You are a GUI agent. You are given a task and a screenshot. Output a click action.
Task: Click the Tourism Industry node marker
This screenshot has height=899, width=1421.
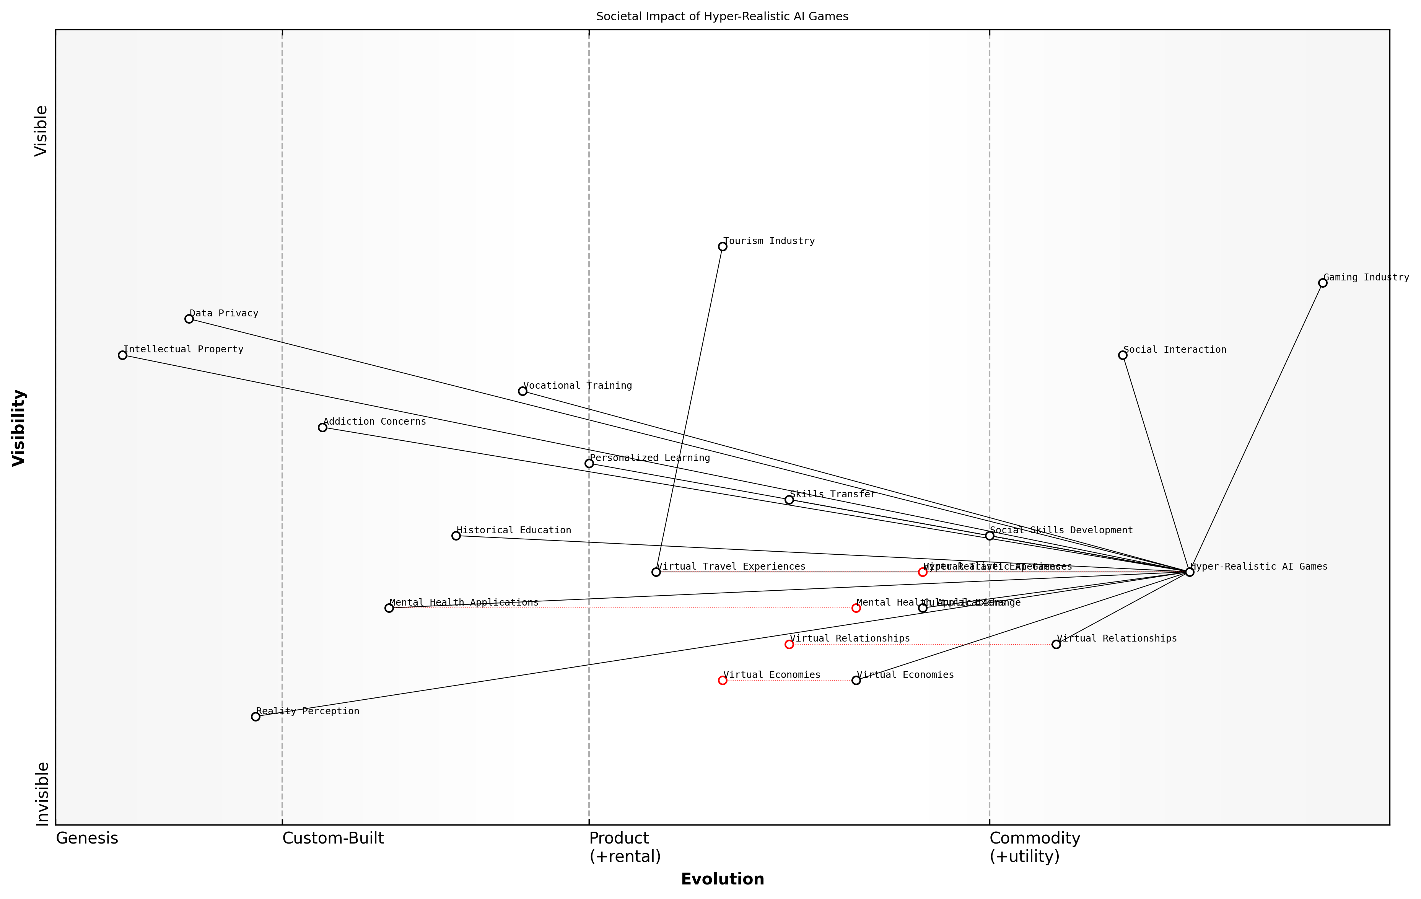pos(722,247)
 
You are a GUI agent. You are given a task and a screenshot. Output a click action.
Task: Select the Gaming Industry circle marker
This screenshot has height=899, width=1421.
pos(1322,283)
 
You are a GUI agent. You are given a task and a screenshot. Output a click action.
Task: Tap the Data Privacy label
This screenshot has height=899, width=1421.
pos(224,313)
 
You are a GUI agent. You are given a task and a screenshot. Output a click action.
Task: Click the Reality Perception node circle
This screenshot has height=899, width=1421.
pos(256,717)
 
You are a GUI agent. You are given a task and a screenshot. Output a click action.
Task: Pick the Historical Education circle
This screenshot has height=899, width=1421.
pos(456,536)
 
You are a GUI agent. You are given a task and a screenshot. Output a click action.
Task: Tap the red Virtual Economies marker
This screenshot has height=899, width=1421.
pos(722,681)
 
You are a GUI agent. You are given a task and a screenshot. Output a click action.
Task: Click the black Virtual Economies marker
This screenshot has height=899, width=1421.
pos(856,681)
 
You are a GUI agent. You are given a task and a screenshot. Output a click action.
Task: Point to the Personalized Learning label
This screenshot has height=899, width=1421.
pos(650,458)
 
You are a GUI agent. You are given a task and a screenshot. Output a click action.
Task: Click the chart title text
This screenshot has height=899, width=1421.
pos(722,16)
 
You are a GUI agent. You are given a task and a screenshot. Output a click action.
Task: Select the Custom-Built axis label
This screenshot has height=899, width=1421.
pos(333,838)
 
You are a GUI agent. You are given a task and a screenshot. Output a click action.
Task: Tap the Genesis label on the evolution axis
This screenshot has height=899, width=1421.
pos(87,838)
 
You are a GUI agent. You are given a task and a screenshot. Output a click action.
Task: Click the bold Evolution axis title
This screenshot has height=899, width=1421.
pos(722,879)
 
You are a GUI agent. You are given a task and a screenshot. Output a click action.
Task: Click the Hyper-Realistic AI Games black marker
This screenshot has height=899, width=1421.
pos(1189,572)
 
